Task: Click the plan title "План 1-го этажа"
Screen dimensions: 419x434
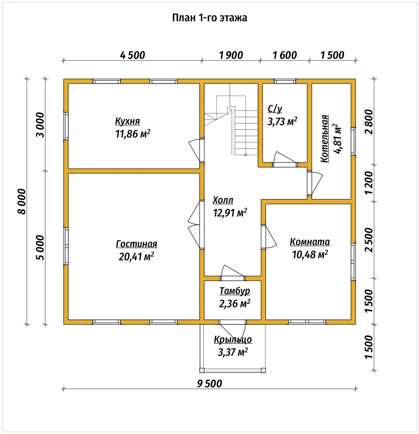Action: tap(209, 18)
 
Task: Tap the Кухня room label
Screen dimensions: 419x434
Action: tap(127, 121)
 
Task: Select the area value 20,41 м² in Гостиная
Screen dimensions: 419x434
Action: tap(136, 257)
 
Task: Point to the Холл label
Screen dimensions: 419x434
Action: tap(223, 200)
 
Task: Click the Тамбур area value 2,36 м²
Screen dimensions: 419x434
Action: tap(235, 304)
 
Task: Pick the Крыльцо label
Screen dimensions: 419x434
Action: tap(233, 340)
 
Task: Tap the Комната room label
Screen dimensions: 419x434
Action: tap(310, 242)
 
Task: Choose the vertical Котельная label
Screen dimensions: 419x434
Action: tap(325, 139)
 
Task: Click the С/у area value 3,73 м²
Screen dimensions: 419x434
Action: tap(282, 122)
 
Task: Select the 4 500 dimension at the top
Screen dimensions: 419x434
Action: tap(132, 55)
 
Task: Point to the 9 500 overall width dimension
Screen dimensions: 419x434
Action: tap(209, 384)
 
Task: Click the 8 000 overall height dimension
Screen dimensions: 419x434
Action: tap(22, 201)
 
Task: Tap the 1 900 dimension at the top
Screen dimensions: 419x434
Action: tap(231, 55)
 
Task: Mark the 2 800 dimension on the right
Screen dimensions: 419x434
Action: tap(369, 122)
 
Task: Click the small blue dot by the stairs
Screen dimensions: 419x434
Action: tap(245, 155)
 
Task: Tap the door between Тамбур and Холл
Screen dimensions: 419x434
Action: tap(232, 271)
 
